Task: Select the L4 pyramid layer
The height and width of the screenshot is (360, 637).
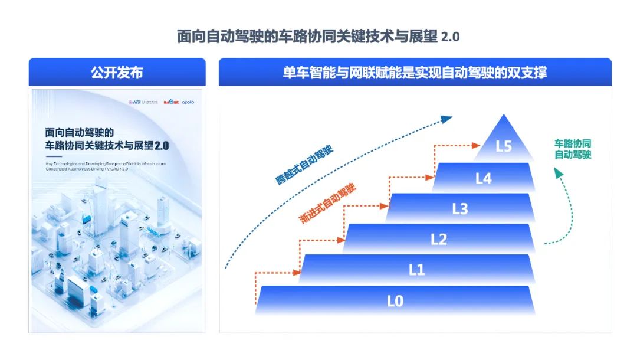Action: (x=483, y=178)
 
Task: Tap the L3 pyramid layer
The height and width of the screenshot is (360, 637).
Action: (x=460, y=208)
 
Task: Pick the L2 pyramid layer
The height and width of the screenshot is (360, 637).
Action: (x=439, y=239)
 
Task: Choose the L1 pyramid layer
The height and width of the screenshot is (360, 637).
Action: (x=417, y=270)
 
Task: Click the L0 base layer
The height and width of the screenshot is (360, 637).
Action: (x=395, y=301)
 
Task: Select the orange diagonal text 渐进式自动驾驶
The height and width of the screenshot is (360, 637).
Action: (x=328, y=203)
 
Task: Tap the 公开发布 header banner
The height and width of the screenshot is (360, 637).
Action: (x=117, y=73)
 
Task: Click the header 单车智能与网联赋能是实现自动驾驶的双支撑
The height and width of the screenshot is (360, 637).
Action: (x=415, y=73)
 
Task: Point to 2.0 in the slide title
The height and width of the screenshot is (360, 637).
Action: (x=450, y=37)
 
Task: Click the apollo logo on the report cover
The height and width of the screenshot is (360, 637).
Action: (x=188, y=102)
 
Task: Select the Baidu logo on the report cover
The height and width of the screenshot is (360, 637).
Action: (x=172, y=102)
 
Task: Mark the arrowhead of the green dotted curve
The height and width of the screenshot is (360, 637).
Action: (x=558, y=172)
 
